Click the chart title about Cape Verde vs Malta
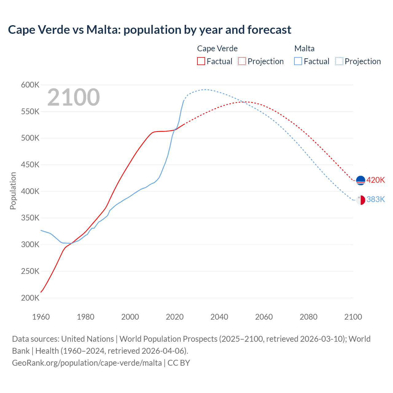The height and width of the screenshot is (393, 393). click(150, 30)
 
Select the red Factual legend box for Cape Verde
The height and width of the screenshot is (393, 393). click(201, 61)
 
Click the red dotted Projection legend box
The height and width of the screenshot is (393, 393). click(242, 61)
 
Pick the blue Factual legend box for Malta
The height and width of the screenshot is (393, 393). click(298, 61)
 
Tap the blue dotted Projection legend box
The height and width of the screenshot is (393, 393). click(339, 61)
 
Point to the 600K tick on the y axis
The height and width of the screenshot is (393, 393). click(30, 85)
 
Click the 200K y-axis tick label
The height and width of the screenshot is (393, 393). click(30, 298)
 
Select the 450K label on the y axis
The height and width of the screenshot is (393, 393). click(30, 165)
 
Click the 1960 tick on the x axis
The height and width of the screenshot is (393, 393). click(41, 317)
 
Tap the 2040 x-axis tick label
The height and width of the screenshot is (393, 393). click(219, 317)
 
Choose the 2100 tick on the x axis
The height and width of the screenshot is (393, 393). click(353, 317)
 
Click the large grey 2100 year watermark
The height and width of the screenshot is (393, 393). click(73, 97)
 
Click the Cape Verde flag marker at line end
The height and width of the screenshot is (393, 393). click(360, 180)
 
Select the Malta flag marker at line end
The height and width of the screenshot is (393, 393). click(360, 200)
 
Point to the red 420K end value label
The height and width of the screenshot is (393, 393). click(375, 180)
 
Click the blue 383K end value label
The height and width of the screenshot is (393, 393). click(375, 200)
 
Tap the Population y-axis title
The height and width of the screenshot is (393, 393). click(13, 191)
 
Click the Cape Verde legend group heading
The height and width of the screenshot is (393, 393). click(217, 49)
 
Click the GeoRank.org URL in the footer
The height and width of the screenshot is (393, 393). click(87, 363)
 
